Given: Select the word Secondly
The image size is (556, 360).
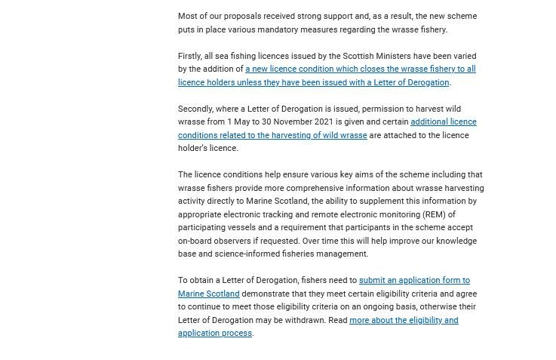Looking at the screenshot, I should tap(198, 109).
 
